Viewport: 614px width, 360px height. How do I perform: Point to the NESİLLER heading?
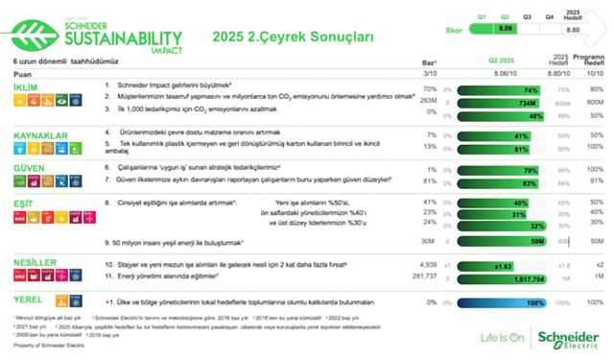click(x=35, y=261)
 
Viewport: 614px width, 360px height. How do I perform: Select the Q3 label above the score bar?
click(x=527, y=17)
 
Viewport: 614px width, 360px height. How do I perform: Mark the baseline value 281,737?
click(x=426, y=276)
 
